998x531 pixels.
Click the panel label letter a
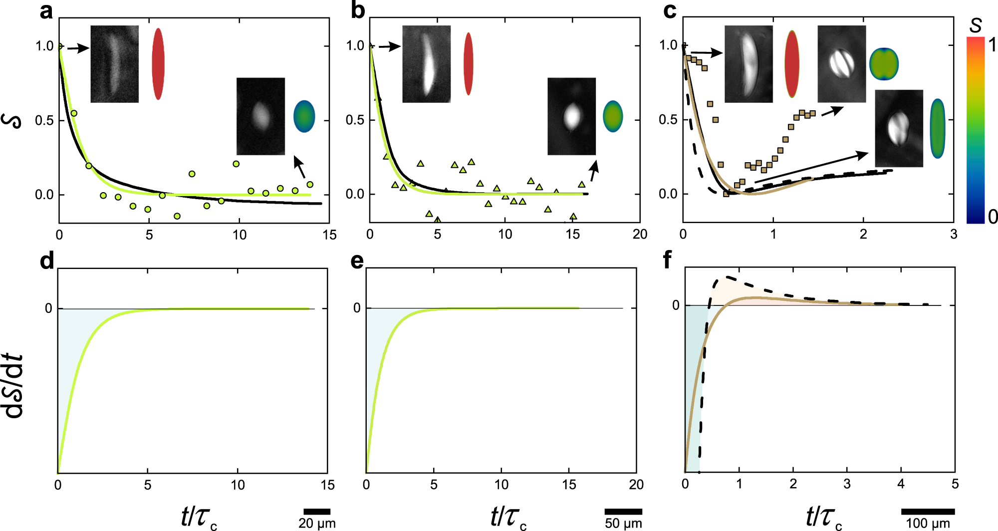coord(46,11)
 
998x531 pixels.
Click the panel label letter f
coord(667,260)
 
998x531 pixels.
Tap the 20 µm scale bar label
coord(317,523)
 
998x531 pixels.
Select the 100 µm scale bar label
coord(928,523)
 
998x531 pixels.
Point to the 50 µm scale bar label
coord(623,523)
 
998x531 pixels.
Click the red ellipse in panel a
coord(158,64)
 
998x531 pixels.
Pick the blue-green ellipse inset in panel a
coord(304,116)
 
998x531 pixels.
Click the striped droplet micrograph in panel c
coord(841,64)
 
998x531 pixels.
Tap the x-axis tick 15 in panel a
coord(329,235)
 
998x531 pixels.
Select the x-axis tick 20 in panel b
coord(640,235)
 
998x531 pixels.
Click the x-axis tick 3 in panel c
coord(954,235)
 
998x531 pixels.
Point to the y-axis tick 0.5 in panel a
coord(44,120)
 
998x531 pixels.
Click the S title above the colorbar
coord(976,25)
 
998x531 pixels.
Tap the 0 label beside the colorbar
coord(992,217)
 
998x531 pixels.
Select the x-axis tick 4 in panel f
coord(901,484)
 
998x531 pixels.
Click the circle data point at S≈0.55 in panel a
coord(74,113)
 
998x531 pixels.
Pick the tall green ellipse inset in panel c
coord(938,129)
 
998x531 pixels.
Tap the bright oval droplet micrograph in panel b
coord(571,116)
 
